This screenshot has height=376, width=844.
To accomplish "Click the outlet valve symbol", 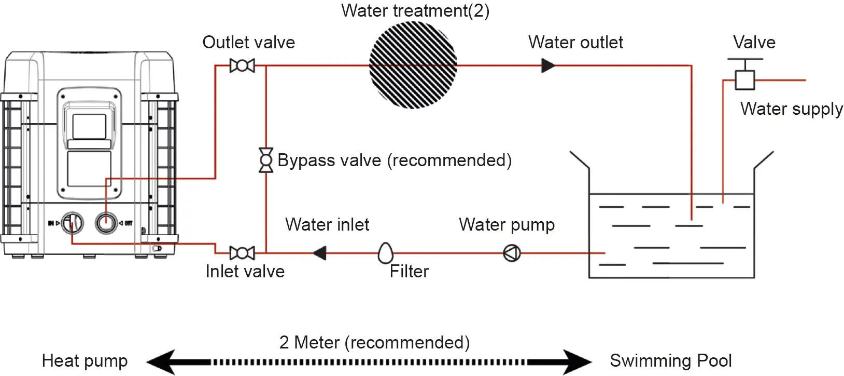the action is pyautogui.click(x=242, y=65).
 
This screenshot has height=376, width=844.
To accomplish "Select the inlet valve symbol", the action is pyautogui.click(x=242, y=253).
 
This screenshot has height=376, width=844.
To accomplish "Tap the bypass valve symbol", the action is pyautogui.click(x=266, y=160).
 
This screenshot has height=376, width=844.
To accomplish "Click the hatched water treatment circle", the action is pyautogui.click(x=413, y=65).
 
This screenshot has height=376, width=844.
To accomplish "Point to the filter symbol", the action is pyautogui.click(x=386, y=252).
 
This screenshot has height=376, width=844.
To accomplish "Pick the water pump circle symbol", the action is pyautogui.click(x=512, y=253).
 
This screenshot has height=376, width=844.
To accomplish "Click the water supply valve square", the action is pyautogui.click(x=745, y=80).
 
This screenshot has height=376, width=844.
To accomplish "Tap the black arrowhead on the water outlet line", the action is pyautogui.click(x=548, y=65).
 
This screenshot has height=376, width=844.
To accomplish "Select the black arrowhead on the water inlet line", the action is pyautogui.click(x=320, y=253).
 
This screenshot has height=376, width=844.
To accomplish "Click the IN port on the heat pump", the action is pyautogui.click(x=73, y=223).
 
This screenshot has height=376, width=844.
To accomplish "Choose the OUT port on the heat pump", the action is pyautogui.click(x=106, y=223).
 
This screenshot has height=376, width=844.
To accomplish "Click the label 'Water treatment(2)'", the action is pyautogui.click(x=415, y=10).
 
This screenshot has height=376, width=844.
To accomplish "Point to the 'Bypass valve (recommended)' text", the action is pyautogui.click(x=395, y=160).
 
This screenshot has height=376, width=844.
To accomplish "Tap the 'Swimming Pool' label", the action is pyautogui.click(x=671, y=360).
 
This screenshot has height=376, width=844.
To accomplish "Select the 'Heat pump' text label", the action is pyautogui.click(x=85, y=361).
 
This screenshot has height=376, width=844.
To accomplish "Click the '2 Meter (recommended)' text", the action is pyautogui.click(x=374, y=343).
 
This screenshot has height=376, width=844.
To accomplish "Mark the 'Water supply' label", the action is pyautogui.click(x=791, y=109).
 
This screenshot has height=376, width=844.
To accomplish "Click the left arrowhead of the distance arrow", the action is pyautogui.click(x=161, y=362).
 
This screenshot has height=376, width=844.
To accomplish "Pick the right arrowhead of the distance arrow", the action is pyautogui.click(x=577, y=362).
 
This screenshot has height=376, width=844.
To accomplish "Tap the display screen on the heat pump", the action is pyautogui.click(x=89, y=127).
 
